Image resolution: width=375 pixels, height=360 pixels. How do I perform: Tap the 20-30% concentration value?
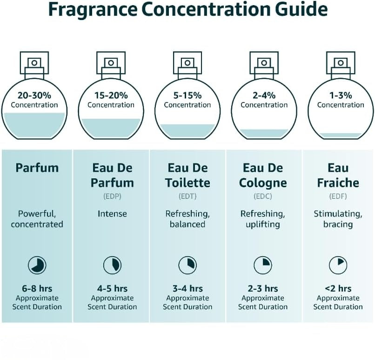click(34, 95)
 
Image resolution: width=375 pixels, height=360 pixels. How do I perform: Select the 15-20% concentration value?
click(111, 95)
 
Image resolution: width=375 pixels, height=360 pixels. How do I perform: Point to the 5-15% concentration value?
click(187, 95)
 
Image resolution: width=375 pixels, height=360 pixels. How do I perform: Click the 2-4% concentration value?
click(264, 95)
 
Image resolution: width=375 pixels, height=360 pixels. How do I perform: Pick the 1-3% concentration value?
click(341, 95)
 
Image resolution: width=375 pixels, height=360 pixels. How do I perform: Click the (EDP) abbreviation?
click(112, 196)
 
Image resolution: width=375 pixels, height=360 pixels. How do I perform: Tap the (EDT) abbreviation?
click(187, 196)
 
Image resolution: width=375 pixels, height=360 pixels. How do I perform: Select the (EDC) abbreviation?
click(263, 196)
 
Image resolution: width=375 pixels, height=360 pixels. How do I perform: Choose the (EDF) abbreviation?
click(338, 196)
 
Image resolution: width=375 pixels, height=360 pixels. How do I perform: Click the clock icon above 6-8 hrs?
click(37, 265)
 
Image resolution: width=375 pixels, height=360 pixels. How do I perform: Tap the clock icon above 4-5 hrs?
click(112, 265)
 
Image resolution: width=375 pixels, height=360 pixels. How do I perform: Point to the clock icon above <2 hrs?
click(338, 265)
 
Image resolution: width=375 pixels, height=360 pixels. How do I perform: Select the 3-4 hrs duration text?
click(187, 288)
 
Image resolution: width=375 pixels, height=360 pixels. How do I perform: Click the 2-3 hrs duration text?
click(263, 288)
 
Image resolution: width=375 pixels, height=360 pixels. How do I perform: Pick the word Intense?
click(112, 213)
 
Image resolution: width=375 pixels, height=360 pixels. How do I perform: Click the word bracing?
click(338, 224)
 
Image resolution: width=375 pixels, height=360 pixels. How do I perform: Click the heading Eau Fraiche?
click(338, 175)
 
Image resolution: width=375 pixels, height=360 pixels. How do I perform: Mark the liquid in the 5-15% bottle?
click(187, 131)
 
